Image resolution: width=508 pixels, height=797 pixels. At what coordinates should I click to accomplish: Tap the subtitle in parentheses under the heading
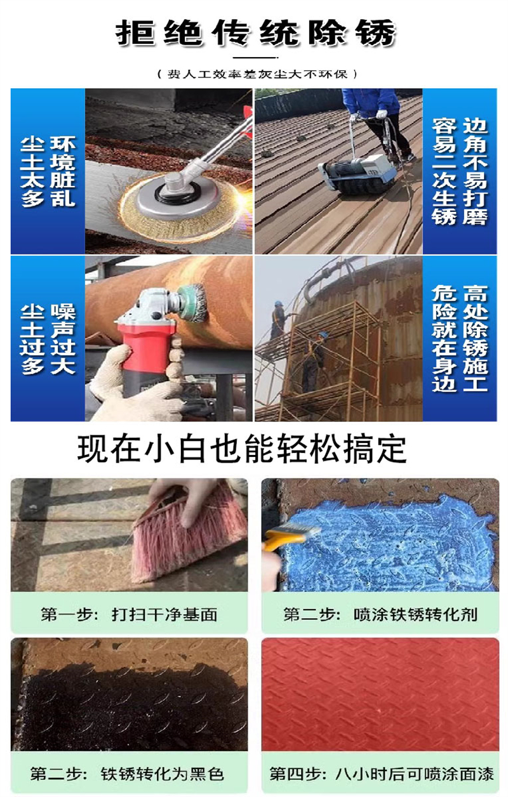[257, 74]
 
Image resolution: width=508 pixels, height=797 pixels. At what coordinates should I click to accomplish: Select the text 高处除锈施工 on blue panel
[475, 339]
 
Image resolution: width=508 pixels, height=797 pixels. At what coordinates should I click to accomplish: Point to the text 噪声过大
[63, 339]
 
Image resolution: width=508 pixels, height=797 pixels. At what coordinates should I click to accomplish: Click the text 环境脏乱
[63, 171]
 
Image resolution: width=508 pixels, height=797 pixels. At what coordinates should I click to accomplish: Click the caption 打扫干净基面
[164, 614]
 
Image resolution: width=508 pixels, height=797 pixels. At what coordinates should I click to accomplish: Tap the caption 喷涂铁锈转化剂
[415, 614]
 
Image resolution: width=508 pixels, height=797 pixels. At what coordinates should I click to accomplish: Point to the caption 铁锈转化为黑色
[162, 774]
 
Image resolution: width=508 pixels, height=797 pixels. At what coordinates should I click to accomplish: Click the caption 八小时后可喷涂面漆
[415, 774]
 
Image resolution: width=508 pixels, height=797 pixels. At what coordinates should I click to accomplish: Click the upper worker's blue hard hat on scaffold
[278, 303]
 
